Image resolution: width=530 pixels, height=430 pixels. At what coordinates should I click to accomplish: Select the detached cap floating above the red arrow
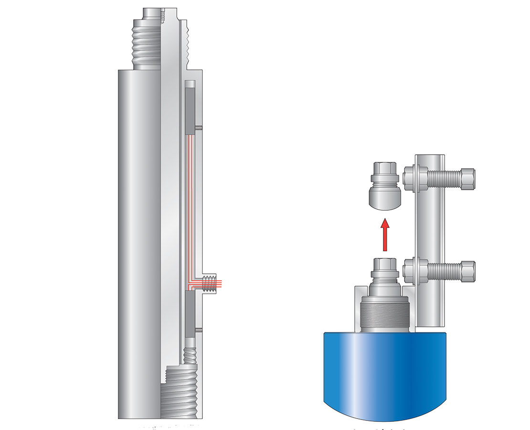384,188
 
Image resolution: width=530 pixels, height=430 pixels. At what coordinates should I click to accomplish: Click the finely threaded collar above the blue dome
385,312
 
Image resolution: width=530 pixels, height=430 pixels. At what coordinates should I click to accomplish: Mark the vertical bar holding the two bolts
430,225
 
